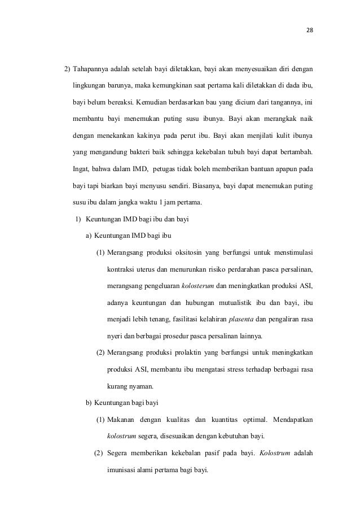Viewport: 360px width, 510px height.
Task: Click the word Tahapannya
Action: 93,70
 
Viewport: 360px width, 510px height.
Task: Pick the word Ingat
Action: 82,169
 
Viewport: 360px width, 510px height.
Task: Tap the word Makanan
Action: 121,419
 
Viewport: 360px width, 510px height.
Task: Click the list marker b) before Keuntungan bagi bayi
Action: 89,403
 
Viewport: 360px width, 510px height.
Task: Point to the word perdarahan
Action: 246,268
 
